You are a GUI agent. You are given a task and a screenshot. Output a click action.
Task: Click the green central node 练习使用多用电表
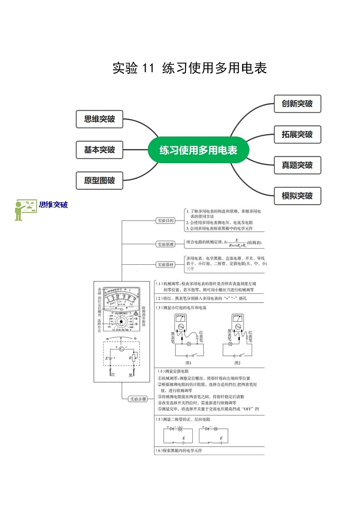click(x=198, y=150)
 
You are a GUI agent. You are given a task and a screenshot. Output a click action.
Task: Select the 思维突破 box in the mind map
click(x=99, y=119)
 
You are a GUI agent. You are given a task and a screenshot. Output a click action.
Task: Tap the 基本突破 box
click(x=99, y=150)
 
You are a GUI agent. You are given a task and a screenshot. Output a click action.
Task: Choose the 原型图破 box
click(x=99, y=180)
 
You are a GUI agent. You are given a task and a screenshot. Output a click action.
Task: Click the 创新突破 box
click(x=297, y=104)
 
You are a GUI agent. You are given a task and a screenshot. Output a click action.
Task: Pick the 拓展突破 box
click(x=297, y=135)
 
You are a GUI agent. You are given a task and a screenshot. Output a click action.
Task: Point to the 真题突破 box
click(x=297, y=165)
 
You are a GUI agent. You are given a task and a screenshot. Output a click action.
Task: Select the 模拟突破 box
click(x=297, y=196)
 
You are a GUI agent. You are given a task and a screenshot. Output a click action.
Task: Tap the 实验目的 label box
click(x=165, y=221)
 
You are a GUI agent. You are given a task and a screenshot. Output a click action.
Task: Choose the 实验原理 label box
click(x=165, y=244)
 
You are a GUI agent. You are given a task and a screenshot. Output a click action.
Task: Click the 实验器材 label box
click(x=165, y=264)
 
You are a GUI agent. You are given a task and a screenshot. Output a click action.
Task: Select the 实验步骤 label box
click(x=138, y=399)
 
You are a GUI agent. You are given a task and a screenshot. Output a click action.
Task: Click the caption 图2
click(x=237, y=363)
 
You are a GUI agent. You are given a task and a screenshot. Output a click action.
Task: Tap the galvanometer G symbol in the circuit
click(x=121, y=349)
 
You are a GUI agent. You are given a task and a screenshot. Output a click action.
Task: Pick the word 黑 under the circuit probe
click(x=131, y=375)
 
